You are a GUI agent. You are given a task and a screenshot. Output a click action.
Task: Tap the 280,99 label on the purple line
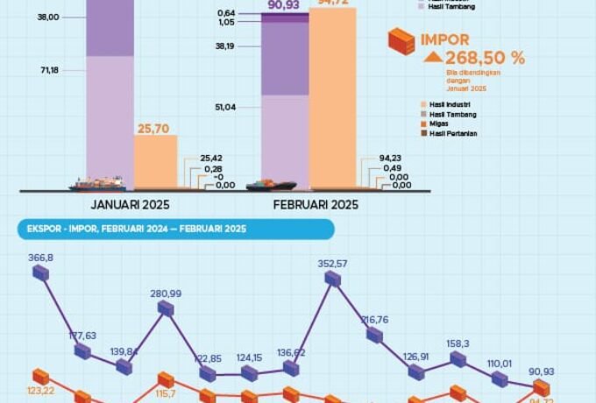(165, 293)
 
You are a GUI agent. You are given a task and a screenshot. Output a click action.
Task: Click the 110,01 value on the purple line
(500, 363)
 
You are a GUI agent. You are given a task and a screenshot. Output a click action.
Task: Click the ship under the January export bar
(98, 184)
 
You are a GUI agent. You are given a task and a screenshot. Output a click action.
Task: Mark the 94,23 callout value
(402, 159)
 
